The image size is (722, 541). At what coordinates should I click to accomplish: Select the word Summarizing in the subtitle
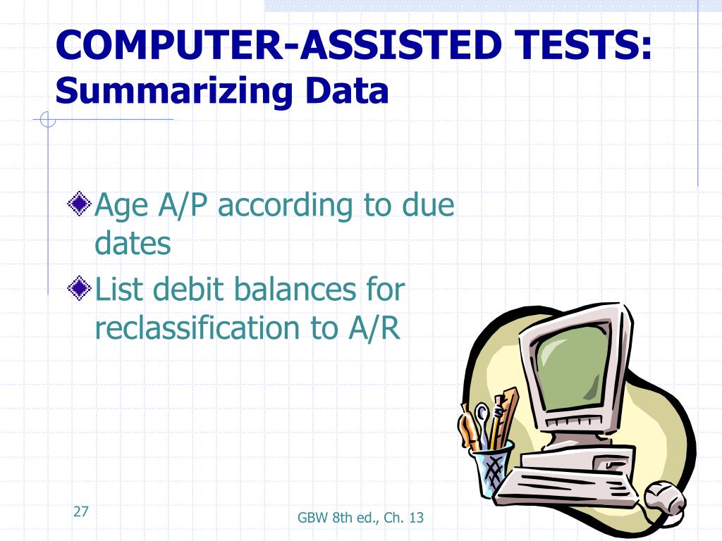coord(174,91)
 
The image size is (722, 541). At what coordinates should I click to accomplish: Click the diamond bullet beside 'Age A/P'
coord(79,204)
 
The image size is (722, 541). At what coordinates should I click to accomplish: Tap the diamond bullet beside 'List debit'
coord(79,288)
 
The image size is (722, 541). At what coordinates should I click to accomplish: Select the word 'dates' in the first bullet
coord(133,243)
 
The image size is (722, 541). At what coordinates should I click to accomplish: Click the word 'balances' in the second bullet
coord(295,289)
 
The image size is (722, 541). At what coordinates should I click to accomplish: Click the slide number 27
coord(80,511)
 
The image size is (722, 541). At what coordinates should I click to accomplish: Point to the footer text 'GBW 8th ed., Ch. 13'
coord(360,518)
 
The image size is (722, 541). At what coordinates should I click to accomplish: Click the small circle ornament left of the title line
coord(47,120)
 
